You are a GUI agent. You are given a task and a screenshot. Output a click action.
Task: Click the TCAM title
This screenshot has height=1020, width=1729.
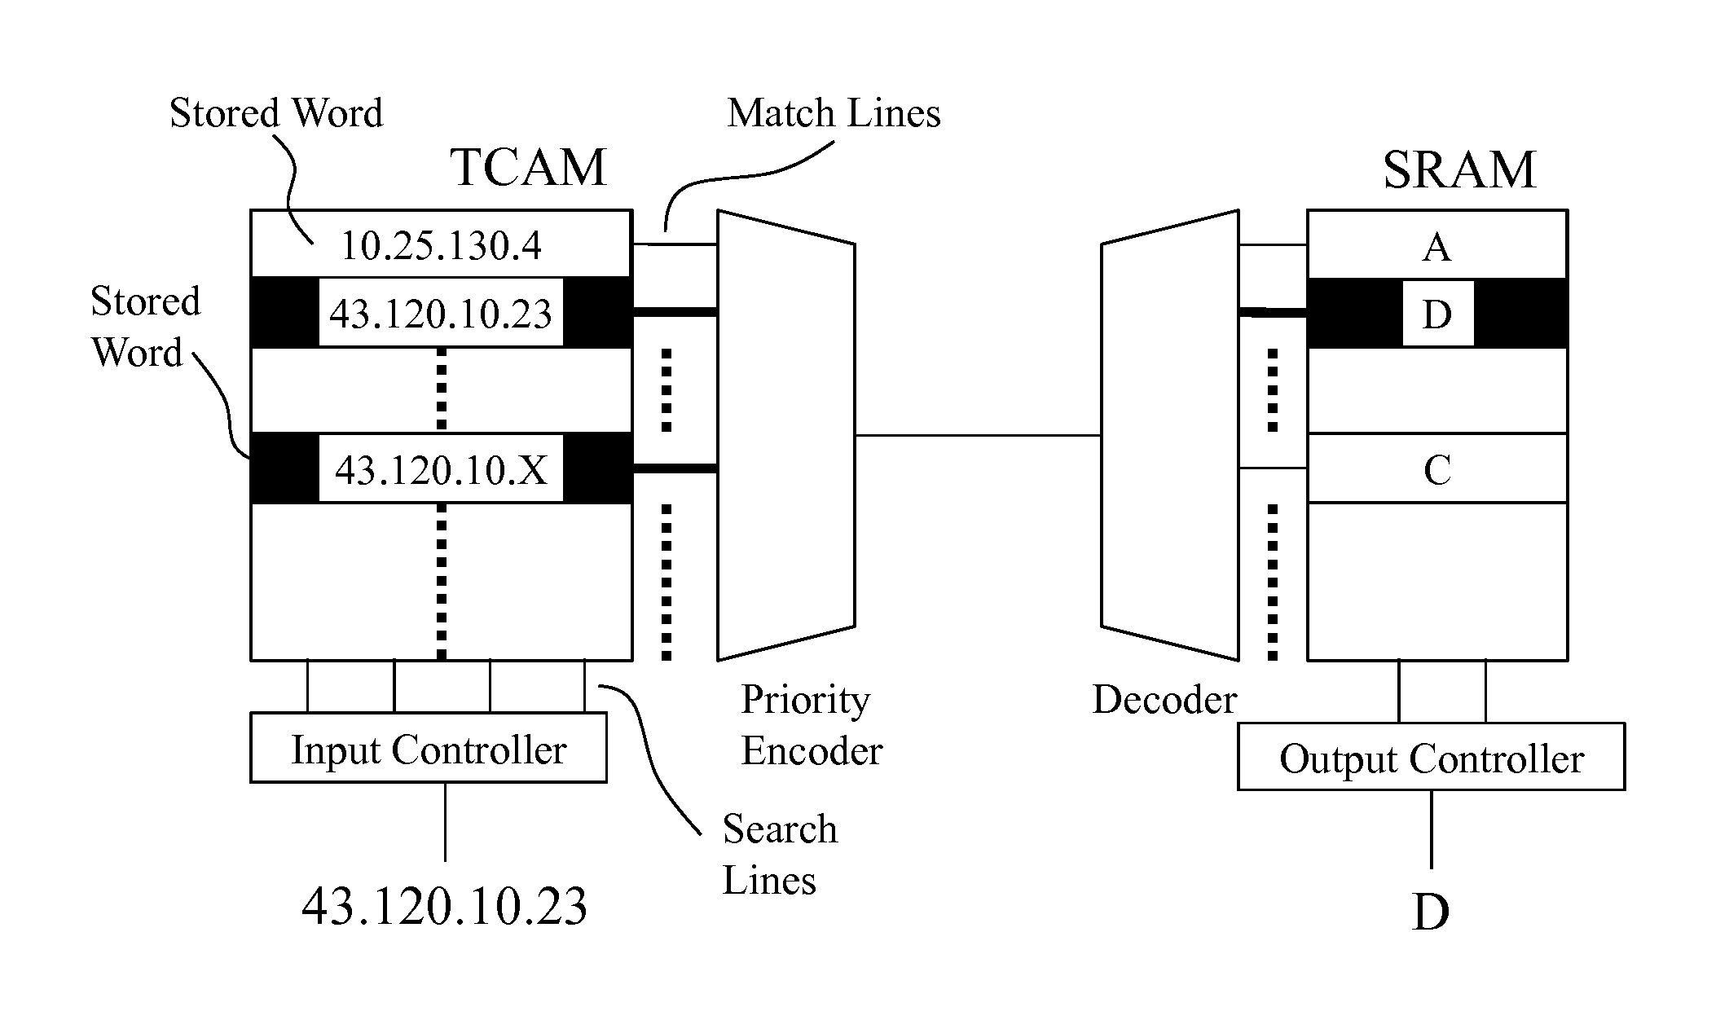(x=529, y=167)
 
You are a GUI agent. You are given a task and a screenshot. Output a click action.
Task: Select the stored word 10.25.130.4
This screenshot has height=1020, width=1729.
(x=441, y=245)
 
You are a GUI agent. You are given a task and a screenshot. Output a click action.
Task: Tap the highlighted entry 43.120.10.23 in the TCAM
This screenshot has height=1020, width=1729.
(x=441, y=314)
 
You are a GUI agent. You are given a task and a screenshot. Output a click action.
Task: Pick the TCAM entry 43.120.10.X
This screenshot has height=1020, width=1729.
(x=441, y=468)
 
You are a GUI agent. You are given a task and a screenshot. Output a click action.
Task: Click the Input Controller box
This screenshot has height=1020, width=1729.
(x=429, y=748)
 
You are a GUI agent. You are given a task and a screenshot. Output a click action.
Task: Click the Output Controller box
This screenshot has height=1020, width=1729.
(x=1432, y=757)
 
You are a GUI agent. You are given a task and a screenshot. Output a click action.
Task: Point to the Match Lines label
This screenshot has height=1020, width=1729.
(x=834, y=112)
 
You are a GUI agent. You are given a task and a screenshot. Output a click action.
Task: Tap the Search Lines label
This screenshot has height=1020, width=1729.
(x=780, y=855)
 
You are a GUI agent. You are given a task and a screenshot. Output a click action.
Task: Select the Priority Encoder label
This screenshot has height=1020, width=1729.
(x=812, y=725)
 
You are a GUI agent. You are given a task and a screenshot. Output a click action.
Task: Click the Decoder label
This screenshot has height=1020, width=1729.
(x=1164, y=699)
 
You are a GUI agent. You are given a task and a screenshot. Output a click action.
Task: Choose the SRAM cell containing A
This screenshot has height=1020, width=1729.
(x=1437, y=244)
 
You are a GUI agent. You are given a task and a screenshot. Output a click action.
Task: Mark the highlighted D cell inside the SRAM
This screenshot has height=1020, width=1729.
(x=1437, y=314)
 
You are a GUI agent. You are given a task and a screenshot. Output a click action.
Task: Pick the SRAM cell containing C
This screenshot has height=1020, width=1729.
(x=1437, y=468)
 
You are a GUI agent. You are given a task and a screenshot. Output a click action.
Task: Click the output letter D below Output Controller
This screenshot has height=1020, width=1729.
(x=1431, y=912)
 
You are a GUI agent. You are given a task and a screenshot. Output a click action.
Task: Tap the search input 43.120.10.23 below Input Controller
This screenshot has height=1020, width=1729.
(x=444, y=906)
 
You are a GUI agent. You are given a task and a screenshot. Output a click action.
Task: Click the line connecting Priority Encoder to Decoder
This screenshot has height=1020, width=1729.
(x=978, y=435)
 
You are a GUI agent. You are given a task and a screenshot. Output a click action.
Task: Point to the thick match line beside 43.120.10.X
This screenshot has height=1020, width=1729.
(x=675, y=468)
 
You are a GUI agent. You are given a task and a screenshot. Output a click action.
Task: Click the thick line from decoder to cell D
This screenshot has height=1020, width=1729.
(x=1273, y=312)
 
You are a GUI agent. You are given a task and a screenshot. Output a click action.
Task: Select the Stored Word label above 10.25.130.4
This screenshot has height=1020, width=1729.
(x=276, y=112)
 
